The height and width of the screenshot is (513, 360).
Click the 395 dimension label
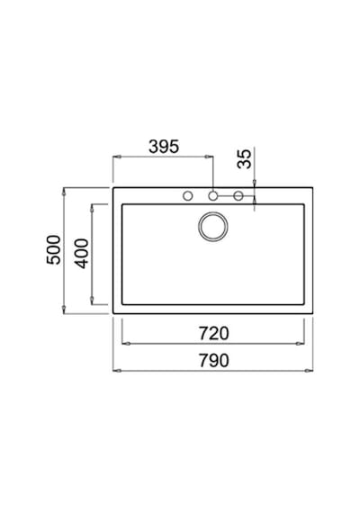tap(164, 147)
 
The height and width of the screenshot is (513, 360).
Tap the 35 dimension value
tap(244, 159)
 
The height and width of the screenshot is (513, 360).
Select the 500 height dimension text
tap(54, 249)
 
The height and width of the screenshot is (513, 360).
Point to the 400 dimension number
tap(82, 254)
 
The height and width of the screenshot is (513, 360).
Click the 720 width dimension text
tap(214, 333)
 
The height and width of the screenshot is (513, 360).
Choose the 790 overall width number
tap(214, 360)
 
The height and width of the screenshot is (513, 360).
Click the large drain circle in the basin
tap(213, 227)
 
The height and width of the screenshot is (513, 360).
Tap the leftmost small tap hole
tap(187, 196)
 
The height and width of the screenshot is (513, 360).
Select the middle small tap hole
tap(213, 196)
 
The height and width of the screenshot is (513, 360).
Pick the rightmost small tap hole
tap(238, 196)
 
